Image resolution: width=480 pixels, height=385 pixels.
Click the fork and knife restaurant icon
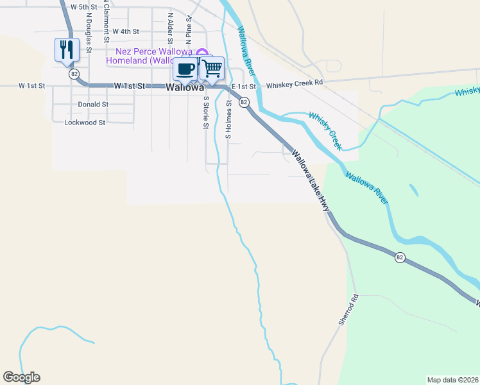point(67,49)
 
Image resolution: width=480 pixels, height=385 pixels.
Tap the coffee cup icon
point(185,68)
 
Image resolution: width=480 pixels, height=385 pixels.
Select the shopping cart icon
point(212,67)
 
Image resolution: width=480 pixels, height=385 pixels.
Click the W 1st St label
point(32,85)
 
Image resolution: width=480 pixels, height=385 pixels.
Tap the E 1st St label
point(244,86)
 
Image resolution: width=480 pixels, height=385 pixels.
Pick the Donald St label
point(93,104)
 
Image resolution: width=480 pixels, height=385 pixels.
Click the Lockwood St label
point(85,122)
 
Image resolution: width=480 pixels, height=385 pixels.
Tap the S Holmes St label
point(228,119)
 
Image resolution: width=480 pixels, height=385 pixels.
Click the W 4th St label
point(126,31)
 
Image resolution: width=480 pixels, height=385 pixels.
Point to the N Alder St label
point(170,26)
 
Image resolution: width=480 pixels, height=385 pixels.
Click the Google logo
point(21,377)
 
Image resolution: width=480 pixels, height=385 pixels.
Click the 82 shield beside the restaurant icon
point(75,74)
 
